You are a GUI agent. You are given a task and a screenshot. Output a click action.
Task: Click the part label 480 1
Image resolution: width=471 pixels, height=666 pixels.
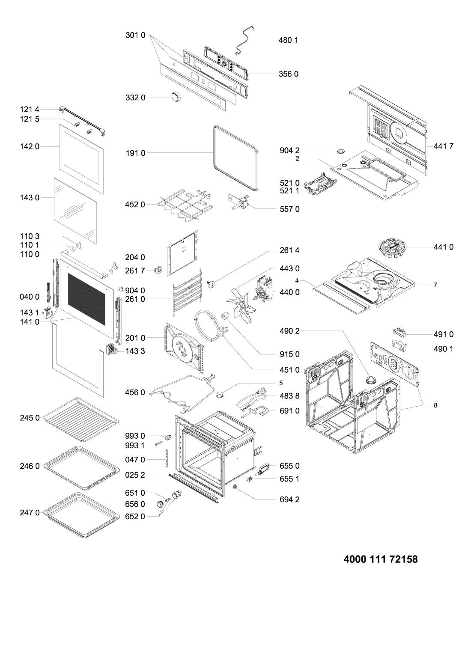(x=288, y=40)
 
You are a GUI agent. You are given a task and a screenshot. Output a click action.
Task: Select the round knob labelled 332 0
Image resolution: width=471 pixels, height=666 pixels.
(x=175, y=97)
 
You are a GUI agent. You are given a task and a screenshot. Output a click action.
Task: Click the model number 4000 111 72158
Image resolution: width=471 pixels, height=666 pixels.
(x=380, y=559)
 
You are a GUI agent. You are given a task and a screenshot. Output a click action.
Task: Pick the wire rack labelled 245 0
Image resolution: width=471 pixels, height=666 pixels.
(x=81, y=418)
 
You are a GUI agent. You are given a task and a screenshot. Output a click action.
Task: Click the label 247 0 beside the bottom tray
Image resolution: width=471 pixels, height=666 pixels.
(x=30, y=512)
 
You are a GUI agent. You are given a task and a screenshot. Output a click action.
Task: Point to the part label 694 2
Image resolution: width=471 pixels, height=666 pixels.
(x=288, y=499)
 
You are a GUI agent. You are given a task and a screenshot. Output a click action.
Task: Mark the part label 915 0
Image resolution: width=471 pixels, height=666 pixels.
(x=288, y=354)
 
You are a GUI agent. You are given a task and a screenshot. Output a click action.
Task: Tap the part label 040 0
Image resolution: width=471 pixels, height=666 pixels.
(x=30, y=297)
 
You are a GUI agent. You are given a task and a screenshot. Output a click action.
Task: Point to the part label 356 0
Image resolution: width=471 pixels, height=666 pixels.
(x=288, y=74)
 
